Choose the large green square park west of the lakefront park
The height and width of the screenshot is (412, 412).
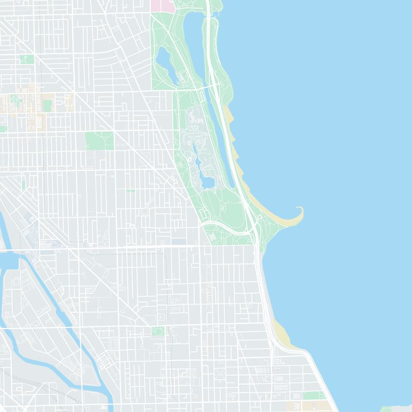[99, 141]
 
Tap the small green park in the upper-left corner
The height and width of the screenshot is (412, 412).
[27, 60]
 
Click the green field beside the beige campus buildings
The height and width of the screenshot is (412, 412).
[47, 106]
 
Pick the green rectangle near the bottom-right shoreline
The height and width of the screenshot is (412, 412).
[313, 396]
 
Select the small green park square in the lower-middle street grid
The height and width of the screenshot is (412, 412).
[158, 331]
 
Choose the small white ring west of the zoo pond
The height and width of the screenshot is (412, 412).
[190, 160]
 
